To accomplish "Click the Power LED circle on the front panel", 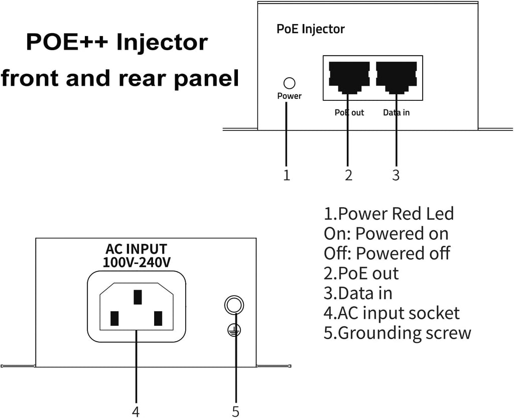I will pyautogui.click(x=289, y=83).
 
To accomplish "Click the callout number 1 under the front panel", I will pyautogui.click(x=287, y=175).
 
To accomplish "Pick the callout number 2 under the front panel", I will pyautogui.click(x=348, y=175).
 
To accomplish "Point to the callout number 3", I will pyautogui.click(x=396, y=175).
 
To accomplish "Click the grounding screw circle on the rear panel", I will pyautogui.click(x=234, y=305).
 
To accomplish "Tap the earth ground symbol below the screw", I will pyautogui.click(x=234, y=329).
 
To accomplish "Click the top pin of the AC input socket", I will pyautogui.click(x=137, y=297).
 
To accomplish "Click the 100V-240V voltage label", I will pyautogui.click(x=136, y=262).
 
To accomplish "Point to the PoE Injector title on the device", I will pyautogui.click(x=311, y=29).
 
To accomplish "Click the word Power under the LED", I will pyautogui.click(x=289, y=96).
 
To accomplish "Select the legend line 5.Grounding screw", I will pyautogui.click(x=397, y=333).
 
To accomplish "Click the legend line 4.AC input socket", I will pyautogui.click(x=391, y=313).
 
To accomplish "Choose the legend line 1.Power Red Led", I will pyautogui.click(x=389, y=214).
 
